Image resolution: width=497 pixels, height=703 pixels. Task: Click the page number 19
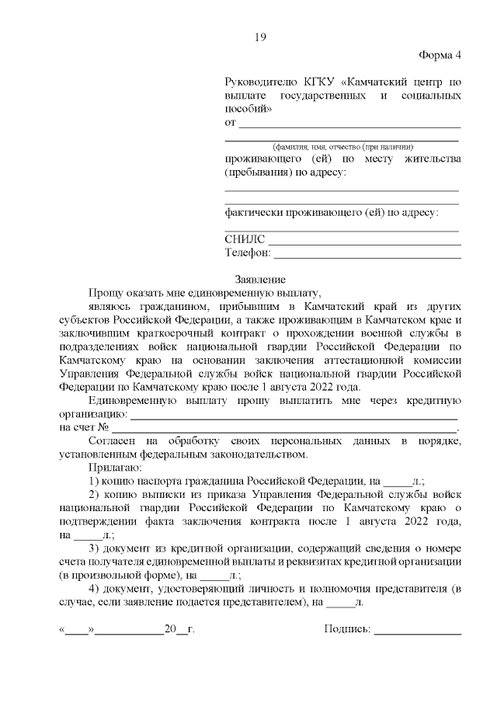(260, 37)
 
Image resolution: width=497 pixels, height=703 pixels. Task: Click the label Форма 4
(440, 56)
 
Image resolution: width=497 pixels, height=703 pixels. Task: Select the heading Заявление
(260, 280)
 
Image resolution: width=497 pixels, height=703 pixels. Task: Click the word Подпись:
(347, 628)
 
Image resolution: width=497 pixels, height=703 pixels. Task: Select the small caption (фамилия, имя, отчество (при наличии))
(342, 147)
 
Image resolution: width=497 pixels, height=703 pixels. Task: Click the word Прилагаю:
(115, 468)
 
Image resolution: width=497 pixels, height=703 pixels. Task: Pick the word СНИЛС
(245, 239)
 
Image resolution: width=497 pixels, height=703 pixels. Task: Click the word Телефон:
(248, 252)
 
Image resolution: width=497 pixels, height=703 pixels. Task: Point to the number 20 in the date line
(170, 628)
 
